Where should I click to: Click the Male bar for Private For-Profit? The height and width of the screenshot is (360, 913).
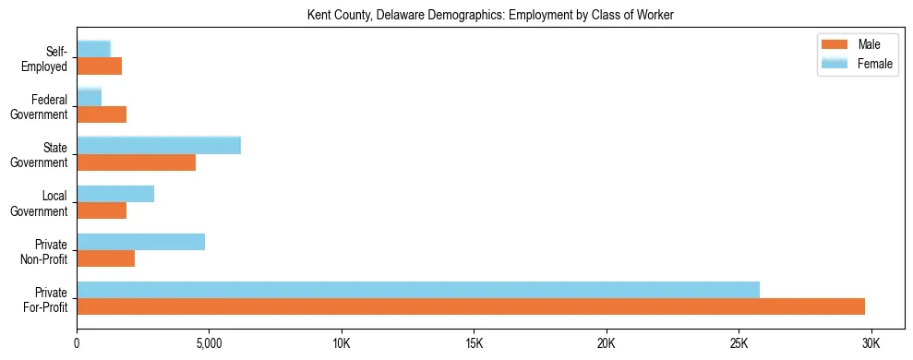tap(471, 306)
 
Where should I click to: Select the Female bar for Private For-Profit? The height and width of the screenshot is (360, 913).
tap(418, 290)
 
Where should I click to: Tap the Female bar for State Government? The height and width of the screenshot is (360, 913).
tap(159, 145)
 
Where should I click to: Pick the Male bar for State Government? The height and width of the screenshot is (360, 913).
tap(136, 162)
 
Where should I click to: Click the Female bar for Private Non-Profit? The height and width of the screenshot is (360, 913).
tap(140, 242)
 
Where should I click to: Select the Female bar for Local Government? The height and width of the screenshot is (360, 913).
tap(115, 194)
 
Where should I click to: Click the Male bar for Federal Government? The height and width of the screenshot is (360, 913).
tap(102, 114)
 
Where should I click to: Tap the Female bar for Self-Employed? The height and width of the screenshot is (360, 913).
tap(93, 49)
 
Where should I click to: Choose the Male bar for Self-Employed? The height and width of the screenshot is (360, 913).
tap(99, 66)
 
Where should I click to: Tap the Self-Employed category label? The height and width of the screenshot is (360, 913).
tap(47, 58)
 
